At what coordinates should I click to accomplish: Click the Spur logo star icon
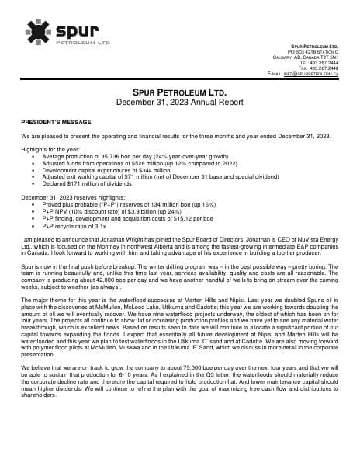(39, 32)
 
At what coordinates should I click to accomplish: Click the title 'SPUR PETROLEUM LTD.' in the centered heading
(180, 93)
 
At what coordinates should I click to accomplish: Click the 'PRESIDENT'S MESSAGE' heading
(57, 122)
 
